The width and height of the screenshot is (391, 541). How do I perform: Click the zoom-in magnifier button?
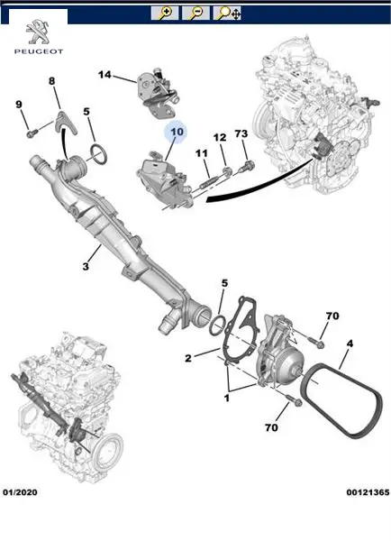click(165, 14)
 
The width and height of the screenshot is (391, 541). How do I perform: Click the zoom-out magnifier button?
click(195, 14)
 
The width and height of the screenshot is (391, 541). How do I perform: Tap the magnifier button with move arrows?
click(227, 14)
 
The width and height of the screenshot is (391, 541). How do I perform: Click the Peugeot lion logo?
click(38, 32)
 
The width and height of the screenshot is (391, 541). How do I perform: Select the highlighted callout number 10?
click(177, 132)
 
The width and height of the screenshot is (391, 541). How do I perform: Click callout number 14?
click(105, 75)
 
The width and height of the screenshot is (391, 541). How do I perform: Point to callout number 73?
click(241, 133)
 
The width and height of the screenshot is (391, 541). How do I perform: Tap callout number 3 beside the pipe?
click(86, 267)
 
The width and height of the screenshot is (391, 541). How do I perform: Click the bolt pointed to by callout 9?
click(32, 133)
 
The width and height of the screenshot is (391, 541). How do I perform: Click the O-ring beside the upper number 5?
click(99, 154)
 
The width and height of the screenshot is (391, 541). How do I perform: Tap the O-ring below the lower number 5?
click(218, 325)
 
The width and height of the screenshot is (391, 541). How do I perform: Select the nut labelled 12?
click(226, 170)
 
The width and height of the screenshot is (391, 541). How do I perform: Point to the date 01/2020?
click(20, 492)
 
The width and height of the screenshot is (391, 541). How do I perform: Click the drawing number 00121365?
click(368, 492)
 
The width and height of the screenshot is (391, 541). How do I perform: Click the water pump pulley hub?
click(294, 371)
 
